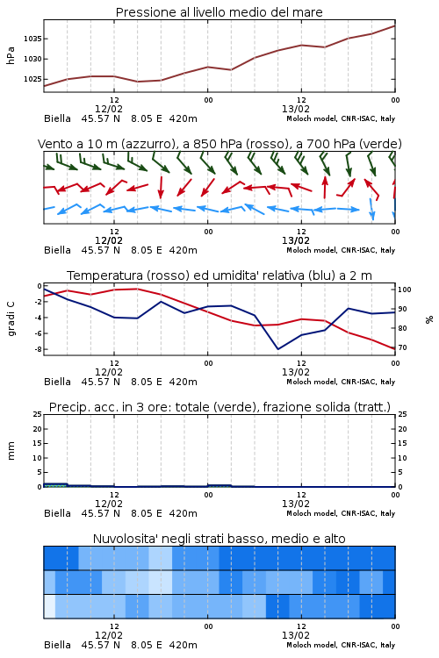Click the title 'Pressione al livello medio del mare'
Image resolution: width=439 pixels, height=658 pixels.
[219, 12]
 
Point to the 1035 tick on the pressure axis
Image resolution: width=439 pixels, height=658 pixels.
[32, 39]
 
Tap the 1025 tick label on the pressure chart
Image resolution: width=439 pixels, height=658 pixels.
[32, 79]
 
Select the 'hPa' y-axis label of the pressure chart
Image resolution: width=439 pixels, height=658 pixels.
[11, 55]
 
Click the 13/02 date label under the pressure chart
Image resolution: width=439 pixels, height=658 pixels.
[296, 109]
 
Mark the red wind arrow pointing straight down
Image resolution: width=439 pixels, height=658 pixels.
[161, 188]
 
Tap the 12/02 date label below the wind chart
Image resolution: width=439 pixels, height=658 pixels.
[109, 241]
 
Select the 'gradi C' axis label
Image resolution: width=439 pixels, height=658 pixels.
[11, 318]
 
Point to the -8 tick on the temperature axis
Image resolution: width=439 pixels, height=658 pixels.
[39, 349]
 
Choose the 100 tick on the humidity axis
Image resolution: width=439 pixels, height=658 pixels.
[405, 290]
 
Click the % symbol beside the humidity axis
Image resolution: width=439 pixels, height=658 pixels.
[429, 319]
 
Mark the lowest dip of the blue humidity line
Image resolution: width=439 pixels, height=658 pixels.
[278, 348]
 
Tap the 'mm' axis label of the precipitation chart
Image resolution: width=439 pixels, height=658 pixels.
[11, 450]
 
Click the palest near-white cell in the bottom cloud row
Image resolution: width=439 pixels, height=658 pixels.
[49, 606]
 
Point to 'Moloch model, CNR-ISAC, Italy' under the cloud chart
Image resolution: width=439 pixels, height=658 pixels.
[341, 645]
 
